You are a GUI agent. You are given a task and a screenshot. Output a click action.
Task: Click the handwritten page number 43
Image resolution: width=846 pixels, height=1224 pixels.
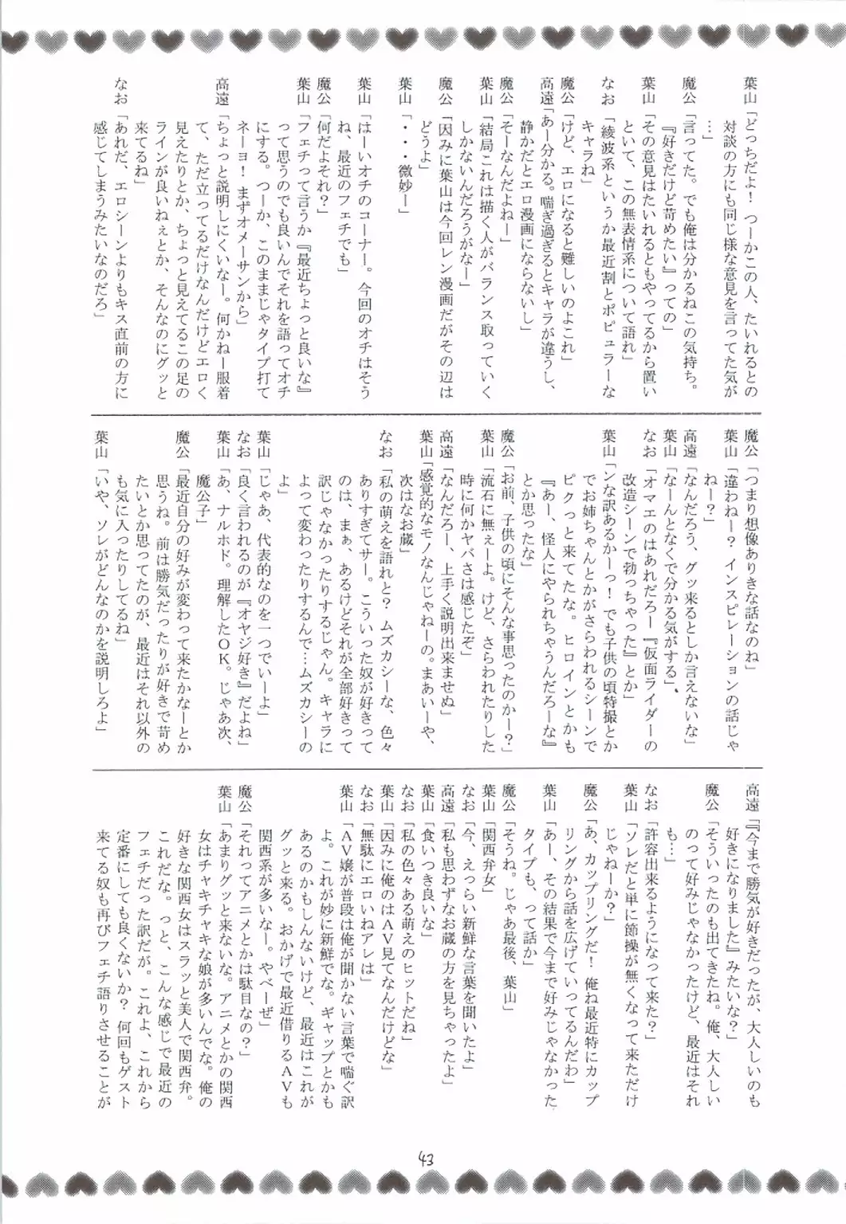tap(423, 1158)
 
